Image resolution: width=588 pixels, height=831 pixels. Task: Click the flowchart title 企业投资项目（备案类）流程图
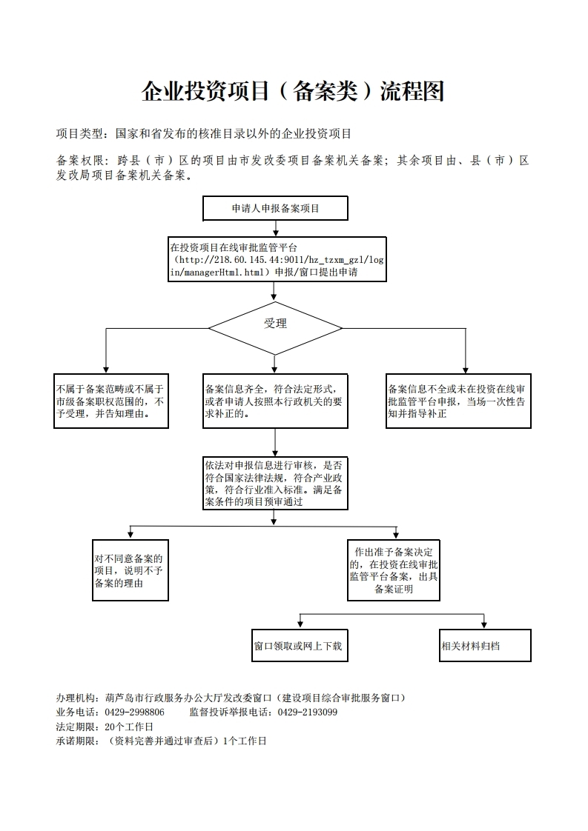click(292, 91)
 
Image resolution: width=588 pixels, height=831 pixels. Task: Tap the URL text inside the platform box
click(277, 266)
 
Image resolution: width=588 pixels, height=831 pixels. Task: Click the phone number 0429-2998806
click(134, 712)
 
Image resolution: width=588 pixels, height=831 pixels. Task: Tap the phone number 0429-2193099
click(308, 712)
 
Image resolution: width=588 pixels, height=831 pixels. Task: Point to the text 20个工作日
click(129, 727)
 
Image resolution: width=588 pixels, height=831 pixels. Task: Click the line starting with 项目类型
click(204, 133)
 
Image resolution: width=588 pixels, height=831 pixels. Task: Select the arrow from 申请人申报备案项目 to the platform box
click(275, 228)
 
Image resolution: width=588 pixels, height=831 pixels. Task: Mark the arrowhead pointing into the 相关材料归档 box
click(484, 625)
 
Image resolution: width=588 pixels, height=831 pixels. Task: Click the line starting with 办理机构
click(231, 698)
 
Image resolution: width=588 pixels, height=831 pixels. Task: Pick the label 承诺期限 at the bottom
click(75, 741)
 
